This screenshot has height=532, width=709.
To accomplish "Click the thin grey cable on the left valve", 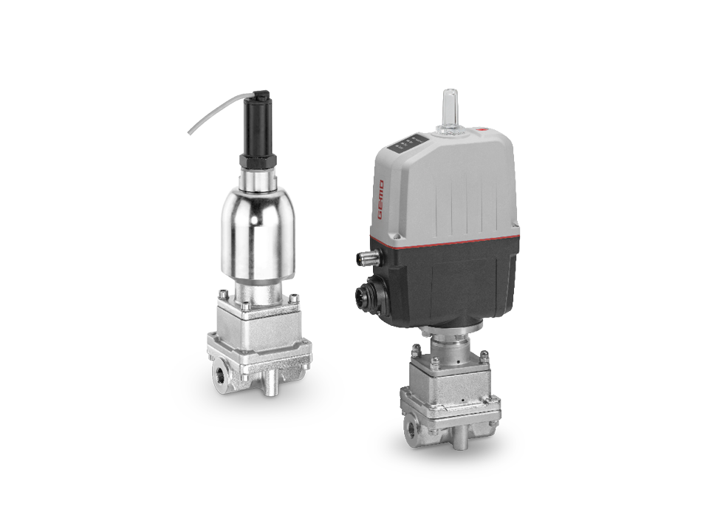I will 210,119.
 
